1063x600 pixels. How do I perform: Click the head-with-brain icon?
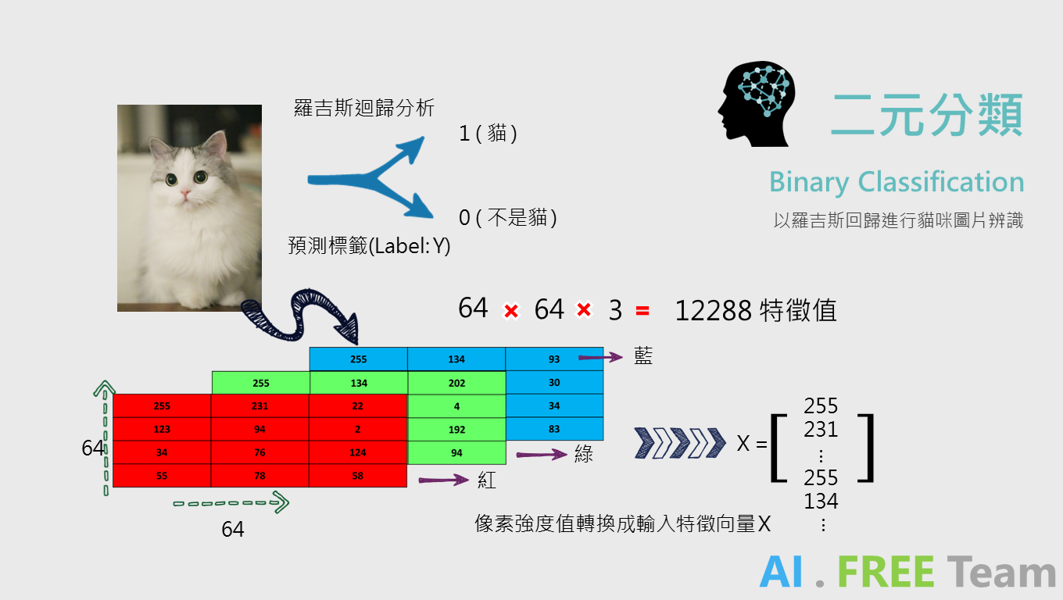(757, 105)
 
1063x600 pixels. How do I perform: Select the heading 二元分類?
(926, 116)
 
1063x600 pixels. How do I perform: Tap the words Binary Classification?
(897, 182)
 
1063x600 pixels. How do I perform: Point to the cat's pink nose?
(186, 192)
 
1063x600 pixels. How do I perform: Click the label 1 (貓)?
(489, 134)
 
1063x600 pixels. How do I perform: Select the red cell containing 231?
(259, 406)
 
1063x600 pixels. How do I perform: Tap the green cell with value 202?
(456, 383)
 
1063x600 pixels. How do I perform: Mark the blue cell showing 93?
(554, 359)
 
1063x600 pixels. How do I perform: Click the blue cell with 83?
(554, 429)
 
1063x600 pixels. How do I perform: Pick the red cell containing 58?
(357, 476)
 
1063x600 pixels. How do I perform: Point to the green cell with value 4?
(456, 406)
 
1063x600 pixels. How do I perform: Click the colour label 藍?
(642, 357)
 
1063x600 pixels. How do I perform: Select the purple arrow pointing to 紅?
(443, 480)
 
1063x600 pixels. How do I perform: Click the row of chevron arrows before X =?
(680, 443)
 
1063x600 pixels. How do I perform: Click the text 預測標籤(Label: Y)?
(369, 246)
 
